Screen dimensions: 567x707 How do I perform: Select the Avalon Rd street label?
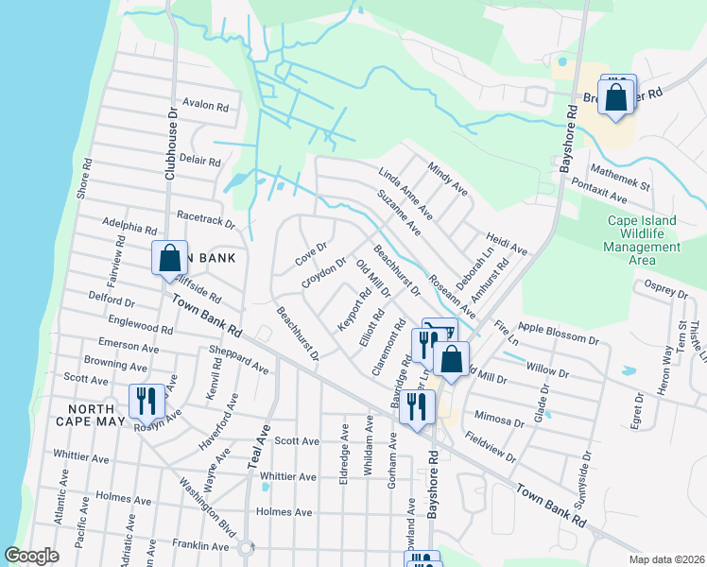coord(207,107)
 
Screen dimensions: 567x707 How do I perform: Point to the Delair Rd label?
coord(199,161)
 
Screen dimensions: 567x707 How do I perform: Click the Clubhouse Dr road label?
coord(172,142)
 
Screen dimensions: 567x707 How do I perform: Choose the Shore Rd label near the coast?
coord(86,178)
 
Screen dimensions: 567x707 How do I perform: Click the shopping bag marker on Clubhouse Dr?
coord(168,257)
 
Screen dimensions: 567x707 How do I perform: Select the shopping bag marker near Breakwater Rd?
coord(615,97)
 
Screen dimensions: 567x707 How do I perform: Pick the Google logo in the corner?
coord(31,556)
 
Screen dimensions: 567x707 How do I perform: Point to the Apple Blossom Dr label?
coord(559,333)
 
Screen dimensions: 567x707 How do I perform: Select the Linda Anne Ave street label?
coord(405,188)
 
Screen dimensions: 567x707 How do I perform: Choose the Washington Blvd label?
coord(207,519)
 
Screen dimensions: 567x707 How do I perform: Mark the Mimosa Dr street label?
coord(499,421)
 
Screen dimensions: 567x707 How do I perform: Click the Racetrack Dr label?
coord(204,220)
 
